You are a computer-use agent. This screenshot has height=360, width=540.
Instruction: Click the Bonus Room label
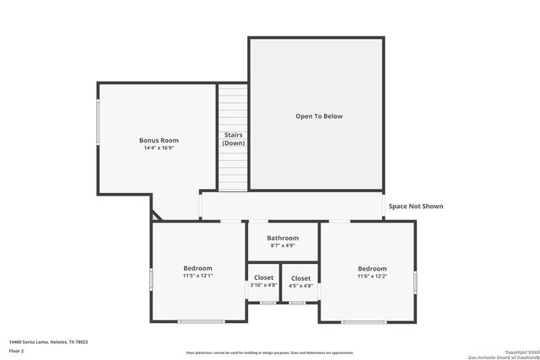pos(159,140)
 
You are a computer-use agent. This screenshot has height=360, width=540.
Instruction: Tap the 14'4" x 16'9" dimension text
pos(159,148)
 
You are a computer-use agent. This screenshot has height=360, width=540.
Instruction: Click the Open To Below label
pos(319,116)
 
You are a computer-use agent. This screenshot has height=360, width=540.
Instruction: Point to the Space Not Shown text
pos(415,206)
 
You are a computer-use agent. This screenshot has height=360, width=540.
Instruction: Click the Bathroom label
pos(283,239)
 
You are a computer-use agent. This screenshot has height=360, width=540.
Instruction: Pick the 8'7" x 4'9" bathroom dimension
pos(283,246)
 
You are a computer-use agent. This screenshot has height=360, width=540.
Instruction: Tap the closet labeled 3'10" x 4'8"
pos(263,282)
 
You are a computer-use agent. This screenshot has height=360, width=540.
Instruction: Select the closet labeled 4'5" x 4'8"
pos(300,282)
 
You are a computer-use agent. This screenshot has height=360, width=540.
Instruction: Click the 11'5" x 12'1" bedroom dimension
pos(198,276)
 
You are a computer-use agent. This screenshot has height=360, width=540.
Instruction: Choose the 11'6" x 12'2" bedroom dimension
pos(372,276)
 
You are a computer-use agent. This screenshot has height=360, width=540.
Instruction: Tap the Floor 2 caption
pos(16,350)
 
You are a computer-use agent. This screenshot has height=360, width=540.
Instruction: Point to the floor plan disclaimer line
pos(270,352)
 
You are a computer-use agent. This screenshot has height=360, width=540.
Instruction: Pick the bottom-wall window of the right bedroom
pos(364,321)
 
